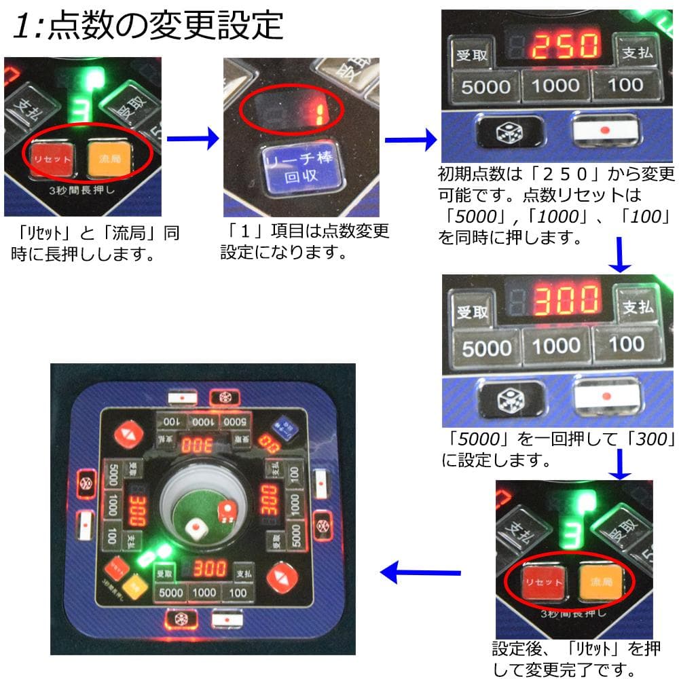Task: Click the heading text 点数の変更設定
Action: coord(166,26)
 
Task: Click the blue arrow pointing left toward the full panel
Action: coord(407,574)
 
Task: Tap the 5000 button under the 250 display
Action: coord(485,86)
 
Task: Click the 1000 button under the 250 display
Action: coord(555,85)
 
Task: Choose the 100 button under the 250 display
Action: coord(625,84)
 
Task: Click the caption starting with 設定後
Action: coord(575,659)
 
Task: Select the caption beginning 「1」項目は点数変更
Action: coord(305,242)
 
